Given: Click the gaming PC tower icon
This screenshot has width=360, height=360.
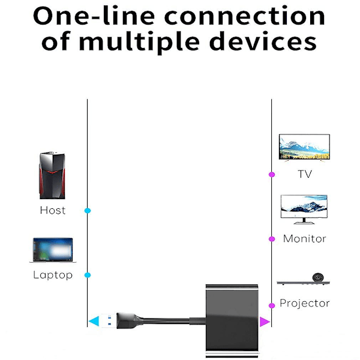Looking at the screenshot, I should [52, 175].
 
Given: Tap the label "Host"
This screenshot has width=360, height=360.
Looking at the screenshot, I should [52, 211].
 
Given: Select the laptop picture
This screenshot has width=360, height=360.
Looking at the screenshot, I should [52, 250].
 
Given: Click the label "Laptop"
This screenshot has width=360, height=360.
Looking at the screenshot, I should [52, 275].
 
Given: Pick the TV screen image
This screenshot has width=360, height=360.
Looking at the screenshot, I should [304, 147].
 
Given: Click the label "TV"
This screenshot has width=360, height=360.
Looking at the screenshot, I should [305, 175].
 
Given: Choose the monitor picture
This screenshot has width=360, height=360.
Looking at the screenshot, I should [304, 208].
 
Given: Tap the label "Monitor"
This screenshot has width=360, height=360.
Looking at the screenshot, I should [305, 239].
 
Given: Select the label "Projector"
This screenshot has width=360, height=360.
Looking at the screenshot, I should [305, 304].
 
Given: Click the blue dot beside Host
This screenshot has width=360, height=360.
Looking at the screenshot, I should [88, 211].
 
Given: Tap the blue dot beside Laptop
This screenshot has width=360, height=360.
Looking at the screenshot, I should [88, 275].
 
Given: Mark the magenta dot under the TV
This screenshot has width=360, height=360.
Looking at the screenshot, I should [272, 175].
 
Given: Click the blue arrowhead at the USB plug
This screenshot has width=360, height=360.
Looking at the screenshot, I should [94, 322].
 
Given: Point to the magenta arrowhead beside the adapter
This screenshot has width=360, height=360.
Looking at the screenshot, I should [265, 322].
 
